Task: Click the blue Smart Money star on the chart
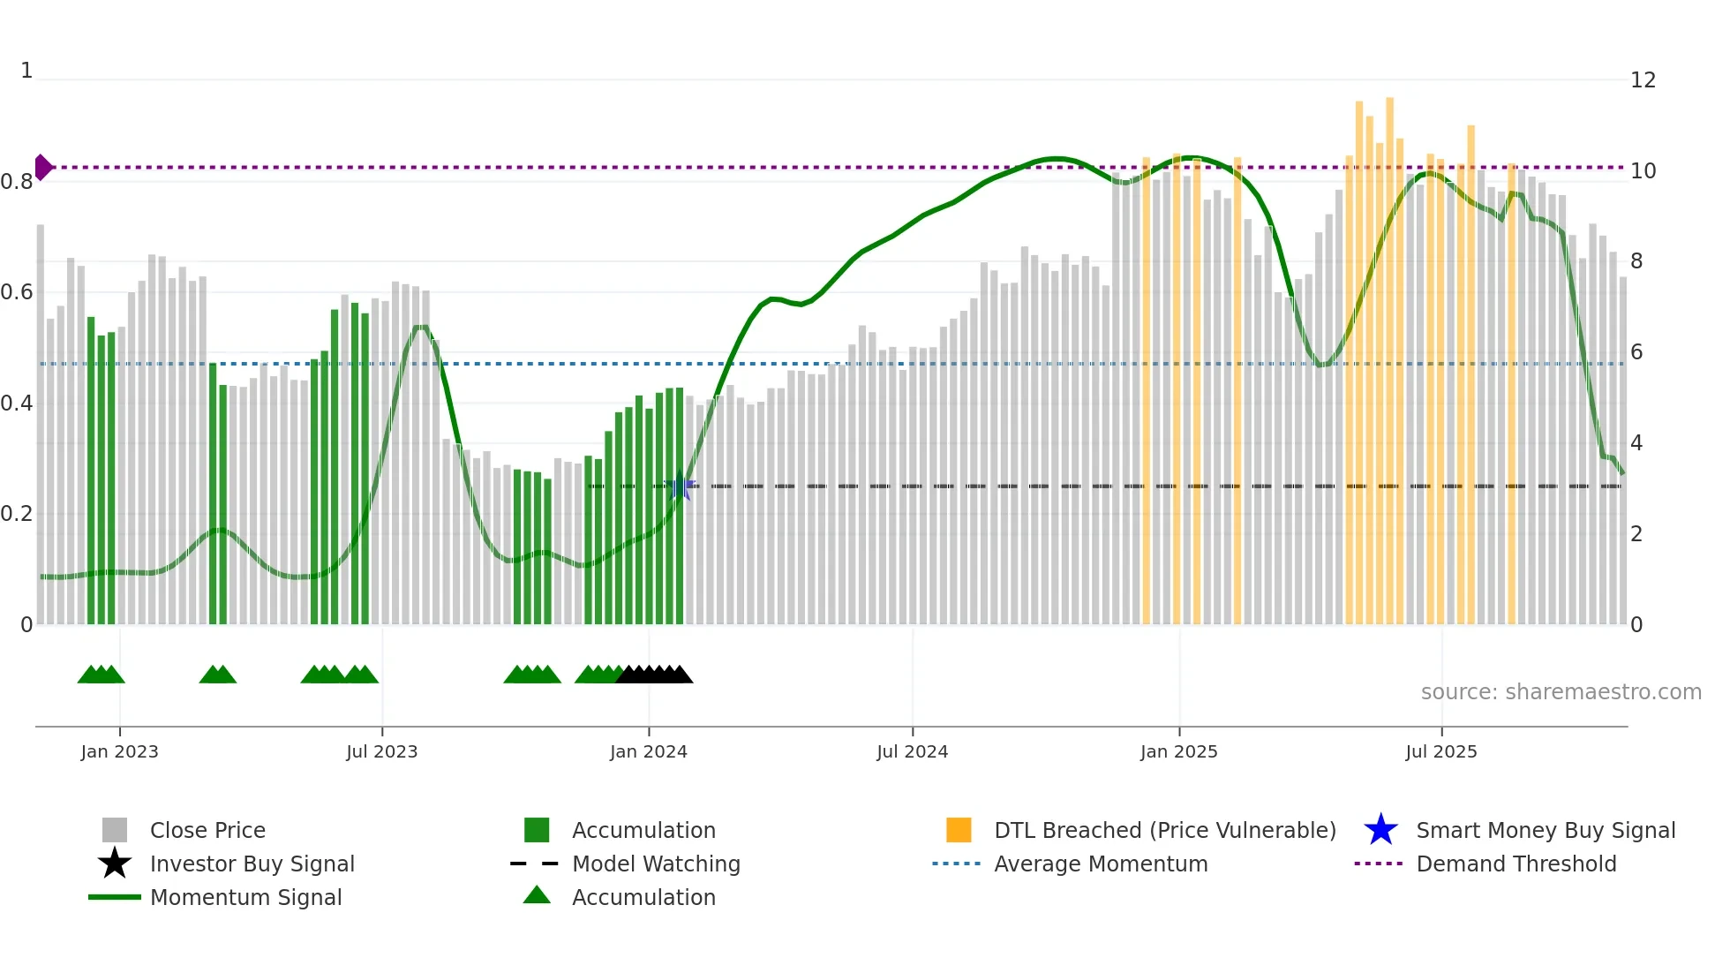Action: click(x=680, y=486)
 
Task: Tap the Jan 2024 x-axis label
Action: click(x=648, y=751)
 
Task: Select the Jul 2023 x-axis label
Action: click(x=381, y=751)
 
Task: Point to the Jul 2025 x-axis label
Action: click(x=1440, y=751)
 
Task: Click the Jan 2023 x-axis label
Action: click(x=119, y=751)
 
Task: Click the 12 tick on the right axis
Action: click(x=1643, y=80)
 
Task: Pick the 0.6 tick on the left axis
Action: click(x=17, y=292)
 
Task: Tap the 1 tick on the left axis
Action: click(x=26, y=71)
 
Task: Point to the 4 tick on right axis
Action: click(x=1636, y=443)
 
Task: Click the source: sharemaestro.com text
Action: click(x=1561, y=692)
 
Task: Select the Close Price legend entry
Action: click(x=207, y=830)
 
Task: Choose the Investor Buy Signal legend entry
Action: click(x=252, y=864)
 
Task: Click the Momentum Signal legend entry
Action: click(x=245, y=897)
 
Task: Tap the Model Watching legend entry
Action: click(x=656, y=864)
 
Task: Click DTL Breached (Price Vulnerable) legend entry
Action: click(x=1164, y=830)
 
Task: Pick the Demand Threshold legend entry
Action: click(x=1516, y=864)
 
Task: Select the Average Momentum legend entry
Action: click(x=1100, y=864)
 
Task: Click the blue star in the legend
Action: click(x=1380, y=830)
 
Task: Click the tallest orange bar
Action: click(x=1389, y=353)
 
